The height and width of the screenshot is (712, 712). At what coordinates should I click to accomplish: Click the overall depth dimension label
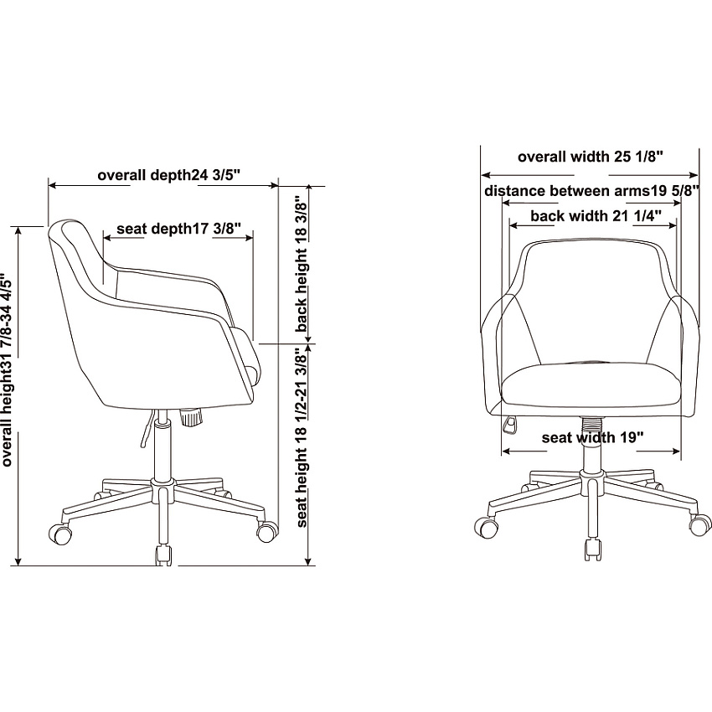168,175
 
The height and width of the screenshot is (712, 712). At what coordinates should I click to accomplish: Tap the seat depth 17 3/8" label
178,229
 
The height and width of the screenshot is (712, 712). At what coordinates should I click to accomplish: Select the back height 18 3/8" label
301,264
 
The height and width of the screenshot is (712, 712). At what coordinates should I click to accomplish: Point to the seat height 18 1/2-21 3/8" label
301,437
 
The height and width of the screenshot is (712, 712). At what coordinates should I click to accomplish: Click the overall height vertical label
7,369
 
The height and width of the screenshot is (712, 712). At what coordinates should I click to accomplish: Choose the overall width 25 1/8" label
591,157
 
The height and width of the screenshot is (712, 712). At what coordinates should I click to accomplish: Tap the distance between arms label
591,191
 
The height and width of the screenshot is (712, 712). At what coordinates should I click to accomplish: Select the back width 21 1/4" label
596,215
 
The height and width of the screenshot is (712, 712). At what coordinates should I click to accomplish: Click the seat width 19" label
592,438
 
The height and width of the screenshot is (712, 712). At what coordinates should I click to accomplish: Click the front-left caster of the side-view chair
60,534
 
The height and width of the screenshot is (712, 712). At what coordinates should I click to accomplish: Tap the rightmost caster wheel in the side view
267,530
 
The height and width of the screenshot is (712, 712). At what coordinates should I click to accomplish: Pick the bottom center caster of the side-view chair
164,555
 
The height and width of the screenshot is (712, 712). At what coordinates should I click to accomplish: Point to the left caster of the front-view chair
486,527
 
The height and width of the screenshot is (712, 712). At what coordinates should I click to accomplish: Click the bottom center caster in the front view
594,549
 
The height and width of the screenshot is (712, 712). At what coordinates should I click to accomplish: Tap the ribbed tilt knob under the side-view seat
191,417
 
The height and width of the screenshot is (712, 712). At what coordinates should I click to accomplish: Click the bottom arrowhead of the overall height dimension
18,562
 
